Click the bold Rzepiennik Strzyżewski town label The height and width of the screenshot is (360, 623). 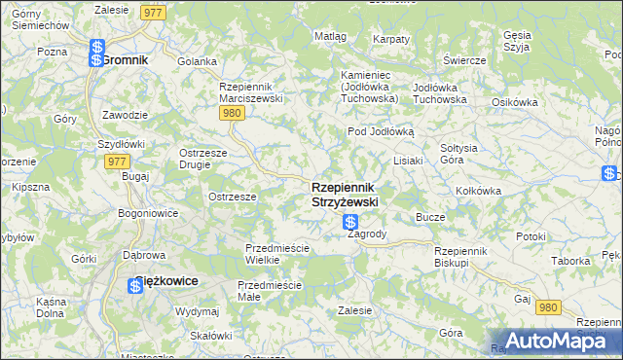tap(345, 194)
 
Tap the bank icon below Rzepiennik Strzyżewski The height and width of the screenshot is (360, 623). tap(350, 223)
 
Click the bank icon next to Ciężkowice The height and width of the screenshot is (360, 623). tap(136, 285)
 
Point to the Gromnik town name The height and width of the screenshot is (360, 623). tap(125, 59)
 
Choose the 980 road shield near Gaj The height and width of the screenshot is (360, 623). tap(549, 306)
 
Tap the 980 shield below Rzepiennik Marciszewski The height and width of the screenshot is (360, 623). tap(231, 114)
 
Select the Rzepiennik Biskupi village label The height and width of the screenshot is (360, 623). tap(465, 256)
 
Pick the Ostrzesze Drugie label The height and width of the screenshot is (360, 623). tap(202, 159)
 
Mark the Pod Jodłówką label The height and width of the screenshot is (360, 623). tap(382, 131)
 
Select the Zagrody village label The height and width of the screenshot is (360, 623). tap(367, 234)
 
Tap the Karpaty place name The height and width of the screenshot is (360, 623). tap(390, 39)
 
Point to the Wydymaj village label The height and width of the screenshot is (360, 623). tap(197, 311)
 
